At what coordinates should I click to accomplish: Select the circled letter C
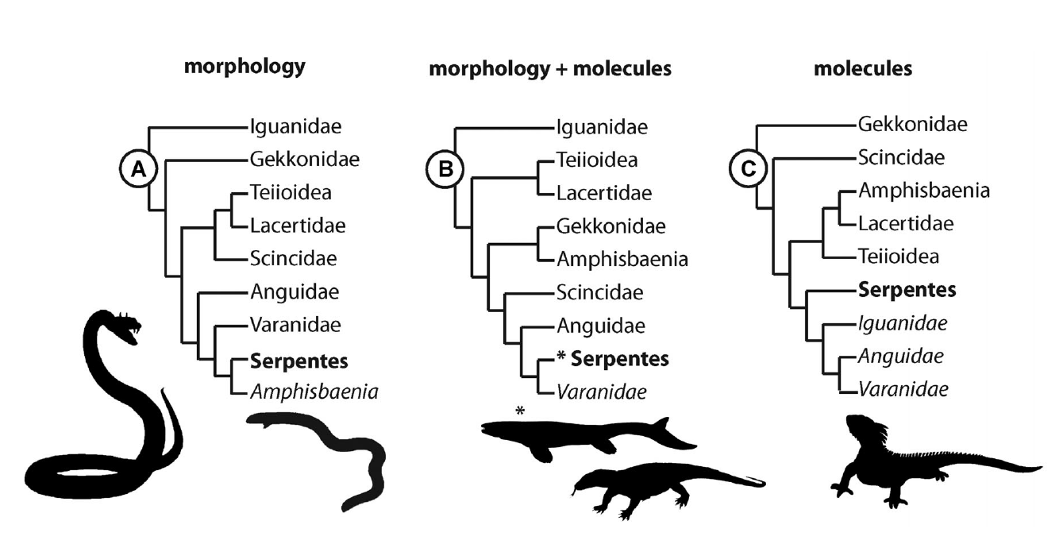pos(746,169)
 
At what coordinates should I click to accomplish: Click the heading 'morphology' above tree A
pos(245,68)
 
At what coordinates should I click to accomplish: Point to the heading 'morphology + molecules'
pos(550,69)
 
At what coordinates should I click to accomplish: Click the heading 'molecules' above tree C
pos(863,69)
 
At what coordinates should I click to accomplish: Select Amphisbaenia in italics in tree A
pos(314,392)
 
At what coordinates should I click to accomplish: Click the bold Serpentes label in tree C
pos(907,290)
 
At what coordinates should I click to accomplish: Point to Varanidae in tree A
pos(295,325)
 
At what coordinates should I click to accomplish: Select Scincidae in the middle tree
pos(599,292)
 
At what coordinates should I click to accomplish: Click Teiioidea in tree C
pos(899,257)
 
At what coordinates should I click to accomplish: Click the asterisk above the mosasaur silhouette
pos(520,411)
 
